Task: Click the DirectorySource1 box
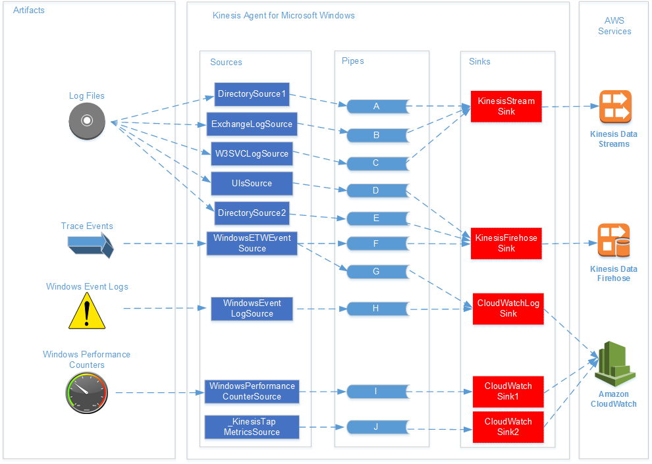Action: (252, 94)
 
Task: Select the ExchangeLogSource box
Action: (252, 124)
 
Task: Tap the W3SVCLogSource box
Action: (252, 154)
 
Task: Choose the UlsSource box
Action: (252, 184)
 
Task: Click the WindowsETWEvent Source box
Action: (252, 244)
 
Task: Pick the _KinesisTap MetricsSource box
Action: (252, 427)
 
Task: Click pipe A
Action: (376, 106)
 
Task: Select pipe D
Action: (376, 191)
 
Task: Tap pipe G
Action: (376, 271)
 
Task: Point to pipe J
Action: (376, 426)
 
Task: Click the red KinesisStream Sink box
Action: (506, 107)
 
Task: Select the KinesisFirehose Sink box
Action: (506, 244)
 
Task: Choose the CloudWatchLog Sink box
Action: (508, 309)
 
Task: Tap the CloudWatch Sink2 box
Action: (508, 427)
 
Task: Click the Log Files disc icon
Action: (87, 122)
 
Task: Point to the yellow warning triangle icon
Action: (87, 312)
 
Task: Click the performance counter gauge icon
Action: (86, 393)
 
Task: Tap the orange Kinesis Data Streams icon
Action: (614, 107)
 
